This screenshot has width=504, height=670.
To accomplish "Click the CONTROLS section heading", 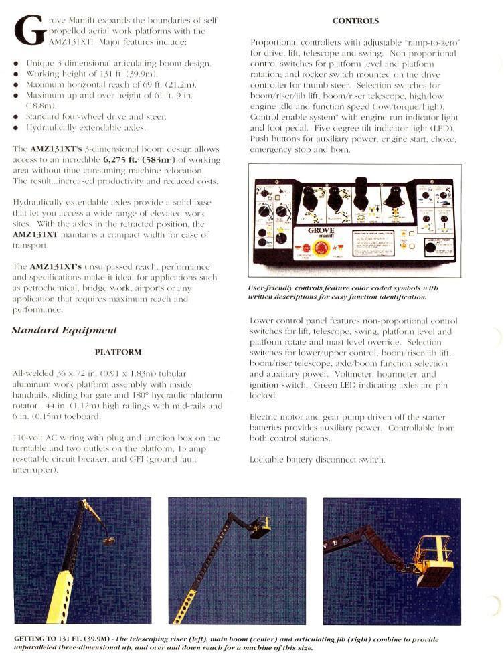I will click(355, 21).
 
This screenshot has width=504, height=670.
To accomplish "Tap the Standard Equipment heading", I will click(64, 330).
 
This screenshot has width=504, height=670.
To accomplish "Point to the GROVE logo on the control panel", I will click(321, 231).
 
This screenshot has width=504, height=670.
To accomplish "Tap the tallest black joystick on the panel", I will click(362, 189).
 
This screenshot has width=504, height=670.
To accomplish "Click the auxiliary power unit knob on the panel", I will click(430, 248).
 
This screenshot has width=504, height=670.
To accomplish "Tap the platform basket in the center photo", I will click(260, 526).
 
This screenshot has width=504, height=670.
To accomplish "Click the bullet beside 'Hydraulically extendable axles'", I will click(16, 127).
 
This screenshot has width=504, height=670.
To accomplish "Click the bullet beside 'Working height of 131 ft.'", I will click(16, 74).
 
